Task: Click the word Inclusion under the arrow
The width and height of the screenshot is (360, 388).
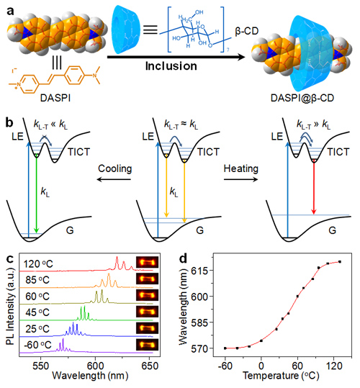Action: pos(171,66)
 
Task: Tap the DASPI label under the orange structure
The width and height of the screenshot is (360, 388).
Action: pos(55,98)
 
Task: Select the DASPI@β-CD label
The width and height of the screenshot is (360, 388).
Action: pos(302,98)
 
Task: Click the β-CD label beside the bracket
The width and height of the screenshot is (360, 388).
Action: pos(247,31)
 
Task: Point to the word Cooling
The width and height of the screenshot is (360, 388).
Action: pos(114,169)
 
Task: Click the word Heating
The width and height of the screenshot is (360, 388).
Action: pos(241,168)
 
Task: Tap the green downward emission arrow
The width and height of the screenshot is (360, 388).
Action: pos(37,194)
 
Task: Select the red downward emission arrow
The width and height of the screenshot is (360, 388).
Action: pos(314,187)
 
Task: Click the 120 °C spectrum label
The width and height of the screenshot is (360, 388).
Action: pos(38,264)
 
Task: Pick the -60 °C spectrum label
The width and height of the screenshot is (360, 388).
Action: pos(37,345)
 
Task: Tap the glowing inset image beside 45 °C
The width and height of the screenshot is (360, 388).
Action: pos(147,312)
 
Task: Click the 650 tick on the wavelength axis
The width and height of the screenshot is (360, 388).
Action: pos(150,366)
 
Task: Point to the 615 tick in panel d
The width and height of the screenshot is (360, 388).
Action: pos(200,271)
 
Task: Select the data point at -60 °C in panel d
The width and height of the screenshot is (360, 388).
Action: pos(225,348)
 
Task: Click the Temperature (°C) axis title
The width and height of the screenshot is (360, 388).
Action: pos(281,376)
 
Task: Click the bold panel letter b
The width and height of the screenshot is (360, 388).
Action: pos(9,123)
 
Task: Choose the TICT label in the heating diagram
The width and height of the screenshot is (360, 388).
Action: pos(338,152)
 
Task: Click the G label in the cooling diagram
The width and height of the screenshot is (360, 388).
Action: pos(70,230)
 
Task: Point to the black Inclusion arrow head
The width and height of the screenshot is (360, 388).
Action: pos(241,57)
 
